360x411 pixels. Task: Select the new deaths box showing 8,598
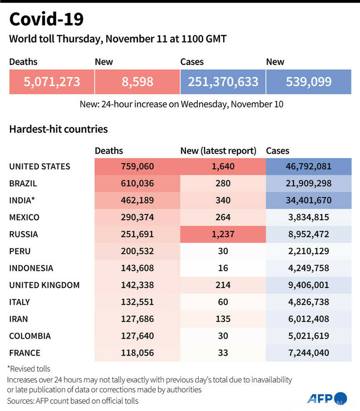click(137, 82)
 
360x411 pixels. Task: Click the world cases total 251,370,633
click(223, 82)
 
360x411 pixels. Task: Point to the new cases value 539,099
click(308, 82)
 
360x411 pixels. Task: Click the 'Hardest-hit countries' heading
click(58, 129)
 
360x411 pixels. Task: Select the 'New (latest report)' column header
click(218, 151)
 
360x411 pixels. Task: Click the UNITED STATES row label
click(40, 167)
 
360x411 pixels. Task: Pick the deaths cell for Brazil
click(137, 184)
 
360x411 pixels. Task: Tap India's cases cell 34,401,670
click(308, 201)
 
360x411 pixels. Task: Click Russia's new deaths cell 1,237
click(223, 234)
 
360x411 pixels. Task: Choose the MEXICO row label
click(24, 218)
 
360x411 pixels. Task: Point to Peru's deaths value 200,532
click(137, 251)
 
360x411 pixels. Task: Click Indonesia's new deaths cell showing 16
click(223, 268)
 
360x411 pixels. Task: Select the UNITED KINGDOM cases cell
click(308, 285)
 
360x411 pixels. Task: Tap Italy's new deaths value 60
click(223, 302)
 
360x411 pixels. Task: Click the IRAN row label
click(19, 319)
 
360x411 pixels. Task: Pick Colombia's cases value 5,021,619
click(308, 336)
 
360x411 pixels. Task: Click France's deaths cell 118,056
click(137, 353)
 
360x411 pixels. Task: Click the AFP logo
click(327, 398)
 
